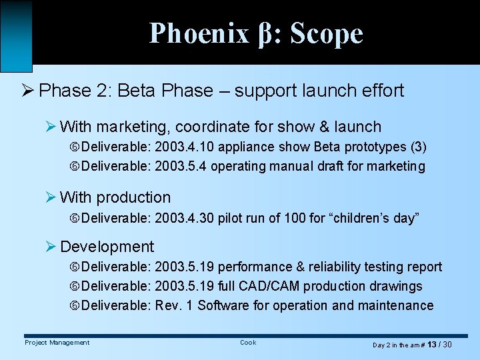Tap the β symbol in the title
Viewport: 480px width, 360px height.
(x=264, y=33)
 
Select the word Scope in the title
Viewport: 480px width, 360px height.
(x=327, y=33)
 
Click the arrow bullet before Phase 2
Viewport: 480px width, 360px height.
(x=29, y=91)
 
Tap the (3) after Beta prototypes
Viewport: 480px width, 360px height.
(x=417, y=147)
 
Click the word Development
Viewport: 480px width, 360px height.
(x=107, y=247)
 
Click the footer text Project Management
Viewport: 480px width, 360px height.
(x=57, y=343)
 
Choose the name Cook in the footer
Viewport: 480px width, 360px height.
(x=248, y=343)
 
